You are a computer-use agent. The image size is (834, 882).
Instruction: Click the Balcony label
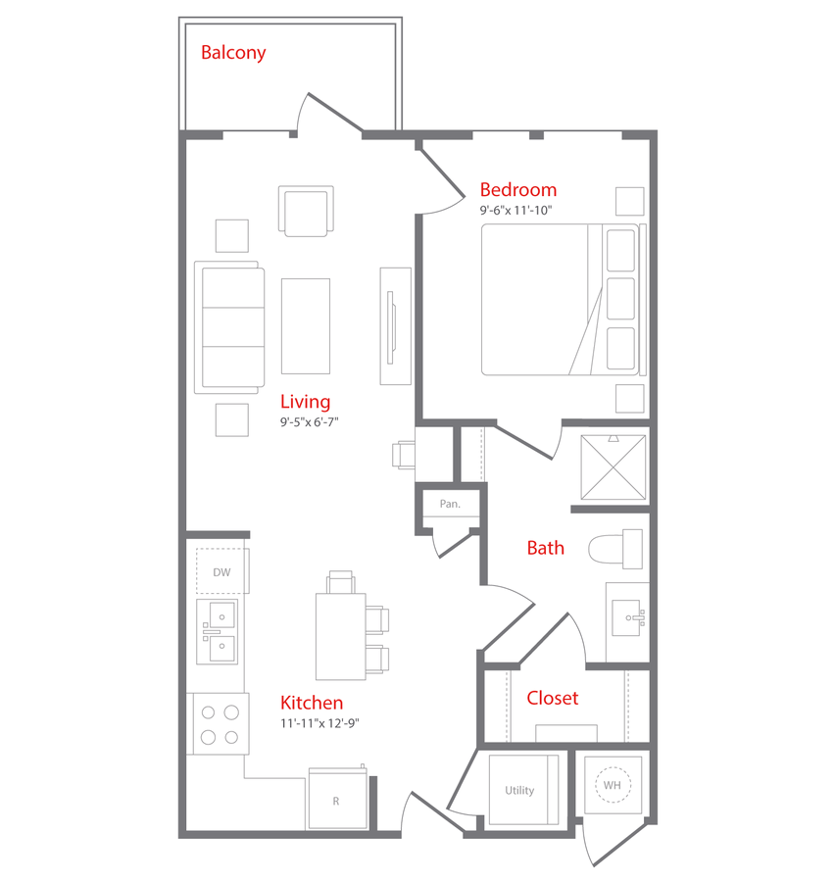233,53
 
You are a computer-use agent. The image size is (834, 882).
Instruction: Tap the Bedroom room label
518,189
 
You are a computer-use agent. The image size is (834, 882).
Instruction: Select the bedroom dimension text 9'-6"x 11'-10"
515,211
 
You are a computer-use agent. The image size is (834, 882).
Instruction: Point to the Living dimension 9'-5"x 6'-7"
310,421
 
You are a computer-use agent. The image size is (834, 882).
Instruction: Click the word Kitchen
312,703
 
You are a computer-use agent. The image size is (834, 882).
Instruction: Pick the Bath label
546,548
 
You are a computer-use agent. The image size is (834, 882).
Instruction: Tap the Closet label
553,698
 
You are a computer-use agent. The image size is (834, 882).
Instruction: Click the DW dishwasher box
222,571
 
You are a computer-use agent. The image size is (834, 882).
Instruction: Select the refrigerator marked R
337,798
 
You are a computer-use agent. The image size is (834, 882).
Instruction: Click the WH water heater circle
613,785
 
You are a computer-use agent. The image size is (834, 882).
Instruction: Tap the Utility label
519,790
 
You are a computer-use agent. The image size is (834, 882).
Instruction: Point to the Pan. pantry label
450,504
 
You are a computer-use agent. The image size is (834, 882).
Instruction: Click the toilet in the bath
615,549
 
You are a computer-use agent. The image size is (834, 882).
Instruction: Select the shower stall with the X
613,466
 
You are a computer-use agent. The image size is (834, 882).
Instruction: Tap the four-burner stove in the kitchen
219,724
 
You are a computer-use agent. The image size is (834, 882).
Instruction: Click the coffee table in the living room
306,326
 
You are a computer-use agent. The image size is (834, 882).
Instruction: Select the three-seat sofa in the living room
229,327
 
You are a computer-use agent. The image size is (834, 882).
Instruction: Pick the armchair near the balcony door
306,211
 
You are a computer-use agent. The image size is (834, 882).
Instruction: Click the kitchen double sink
218,632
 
